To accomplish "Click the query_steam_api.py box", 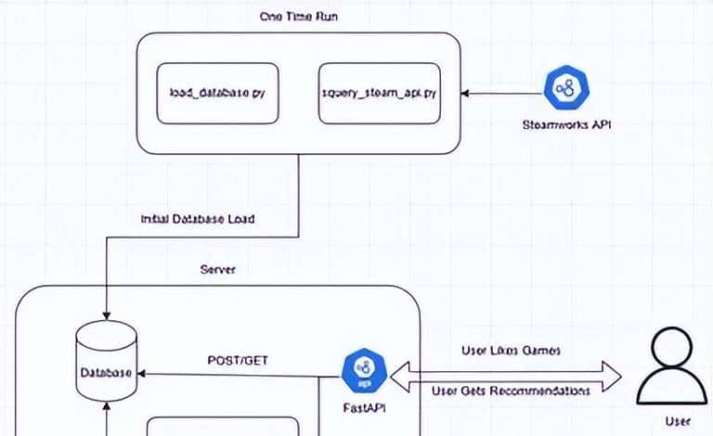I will [x=378, y=93].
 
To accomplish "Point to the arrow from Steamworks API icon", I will [x=501, y=93].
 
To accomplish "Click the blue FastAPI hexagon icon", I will [x=359, y=370].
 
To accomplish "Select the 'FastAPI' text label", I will [x=358, y=405].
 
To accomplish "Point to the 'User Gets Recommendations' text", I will [x=512, y=391].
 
